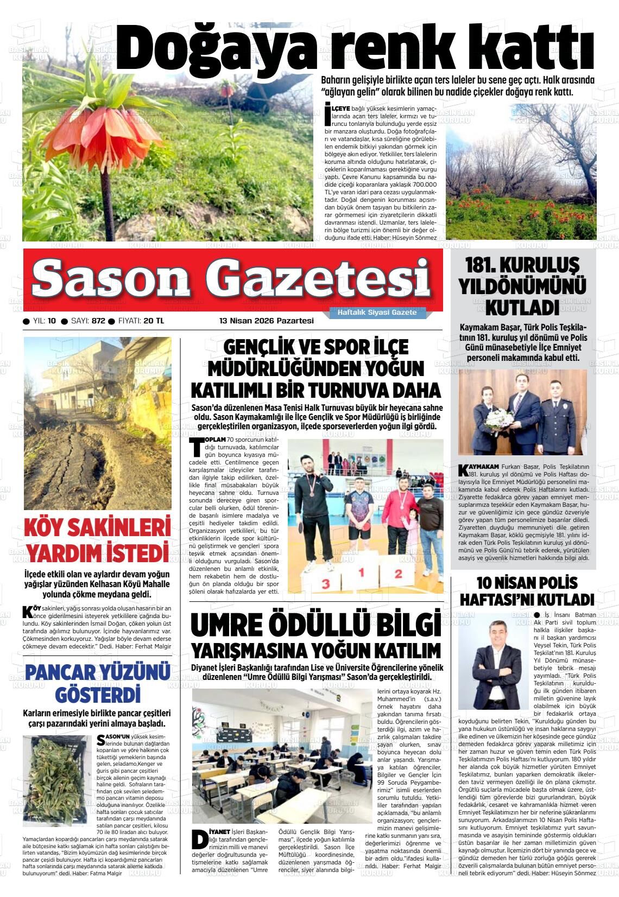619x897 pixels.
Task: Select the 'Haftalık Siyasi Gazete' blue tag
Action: (x=377, y=313)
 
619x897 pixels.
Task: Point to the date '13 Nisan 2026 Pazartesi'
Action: (x=266, y=321)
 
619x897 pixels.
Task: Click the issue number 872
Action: (x=98, y=321)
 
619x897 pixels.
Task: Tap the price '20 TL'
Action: (x=154, y=321)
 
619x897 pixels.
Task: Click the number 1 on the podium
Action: (x=361, y=572)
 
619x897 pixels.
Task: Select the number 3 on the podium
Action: (x=325, y=583)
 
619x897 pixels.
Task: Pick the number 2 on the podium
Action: (x=398, y=573)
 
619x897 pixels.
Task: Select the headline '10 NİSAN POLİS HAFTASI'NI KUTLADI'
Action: (x=527, y=591)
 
